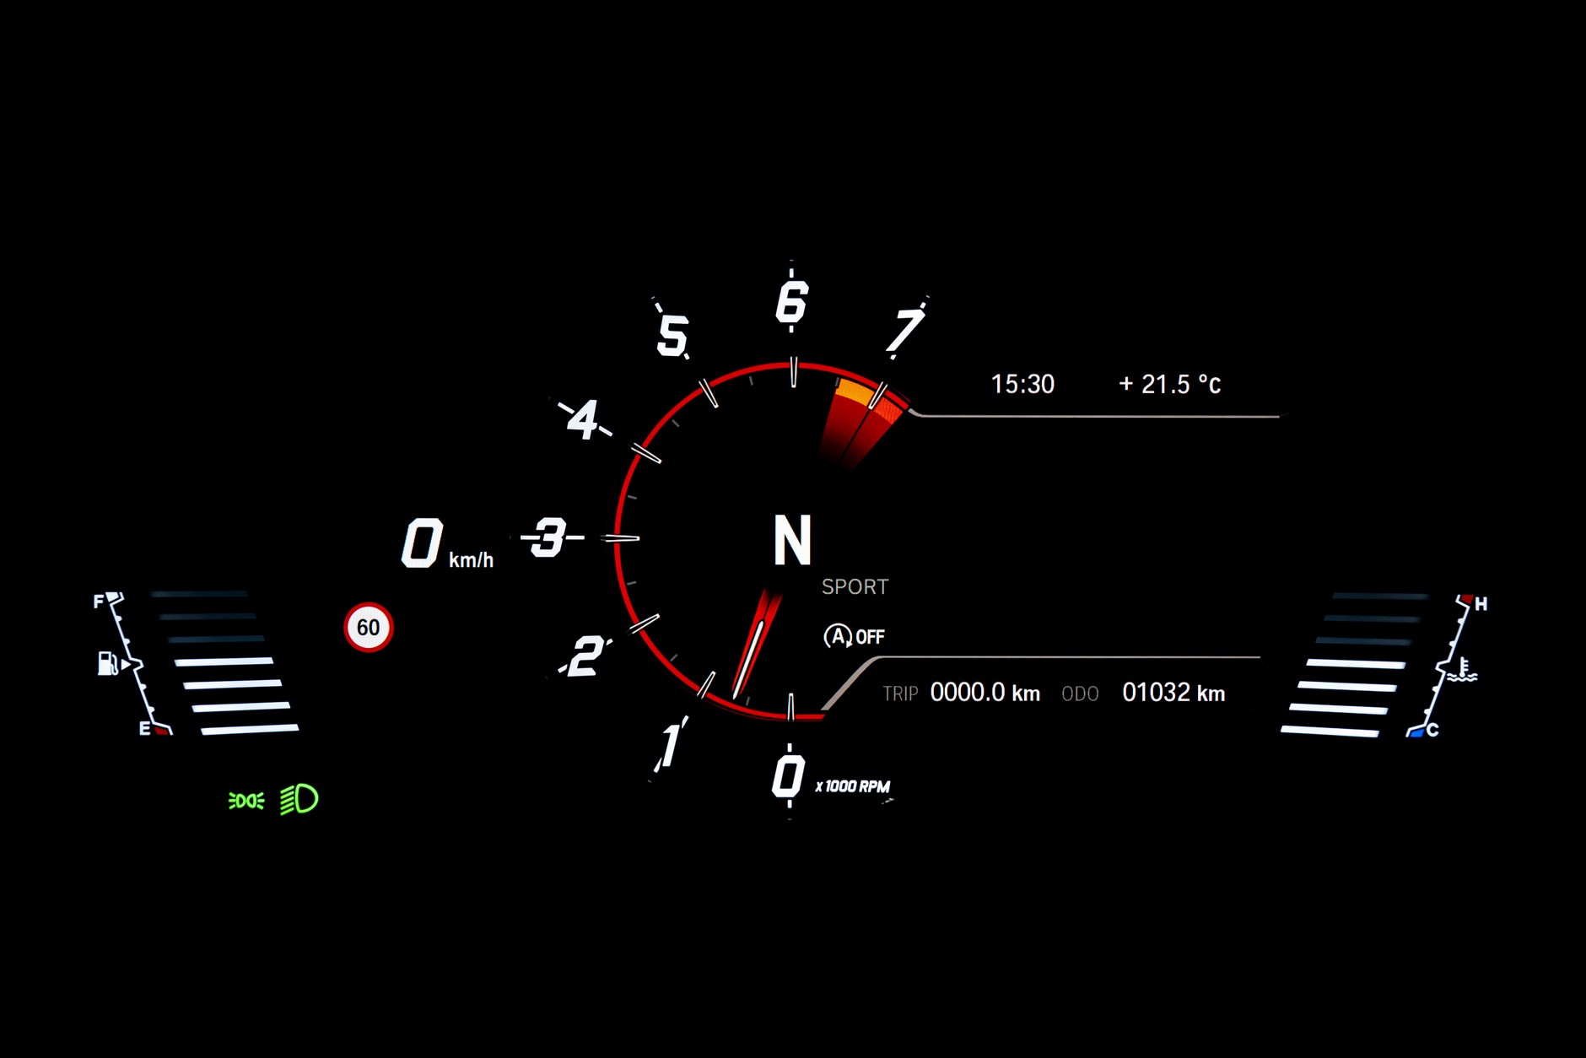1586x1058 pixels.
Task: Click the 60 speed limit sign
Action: coord(369,627)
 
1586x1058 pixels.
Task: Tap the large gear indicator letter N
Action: coord(792,540)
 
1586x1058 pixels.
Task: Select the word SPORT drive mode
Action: coord(855,587)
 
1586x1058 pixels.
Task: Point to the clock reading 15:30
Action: coord(1022,385)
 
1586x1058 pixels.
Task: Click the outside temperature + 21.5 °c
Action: coord(1170,385)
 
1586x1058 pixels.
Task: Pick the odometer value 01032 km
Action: coord(1173,693)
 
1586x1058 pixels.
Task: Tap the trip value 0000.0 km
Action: coord(985,693)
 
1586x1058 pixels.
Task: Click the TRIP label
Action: coord(900,694)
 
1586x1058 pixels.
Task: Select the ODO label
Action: coord(1080,694)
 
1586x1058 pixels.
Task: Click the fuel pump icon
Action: coord(107,663)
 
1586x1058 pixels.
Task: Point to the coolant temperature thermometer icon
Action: coord(1463,670)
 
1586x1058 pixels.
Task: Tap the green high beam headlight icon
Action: coord(299,799)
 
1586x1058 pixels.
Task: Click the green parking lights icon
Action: coord(246,800)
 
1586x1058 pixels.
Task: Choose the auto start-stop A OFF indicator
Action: coord(854,636)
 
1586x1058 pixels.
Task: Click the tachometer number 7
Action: coord(904,330)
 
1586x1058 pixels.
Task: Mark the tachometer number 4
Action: coord(583,419)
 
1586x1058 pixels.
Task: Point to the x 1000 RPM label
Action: coord(852,786)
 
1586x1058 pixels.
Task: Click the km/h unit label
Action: coord(471,559)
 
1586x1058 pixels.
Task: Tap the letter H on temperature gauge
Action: coord(1481,604)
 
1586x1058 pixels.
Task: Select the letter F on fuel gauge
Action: coord(99,602)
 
